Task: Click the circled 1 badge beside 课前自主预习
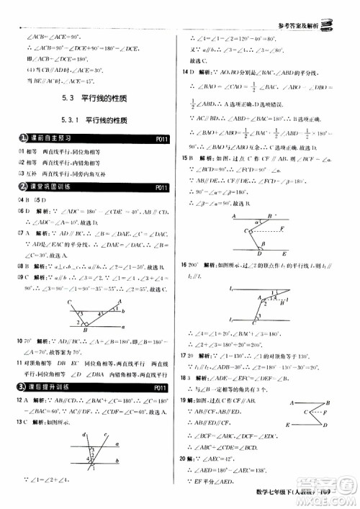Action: [24, 138]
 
